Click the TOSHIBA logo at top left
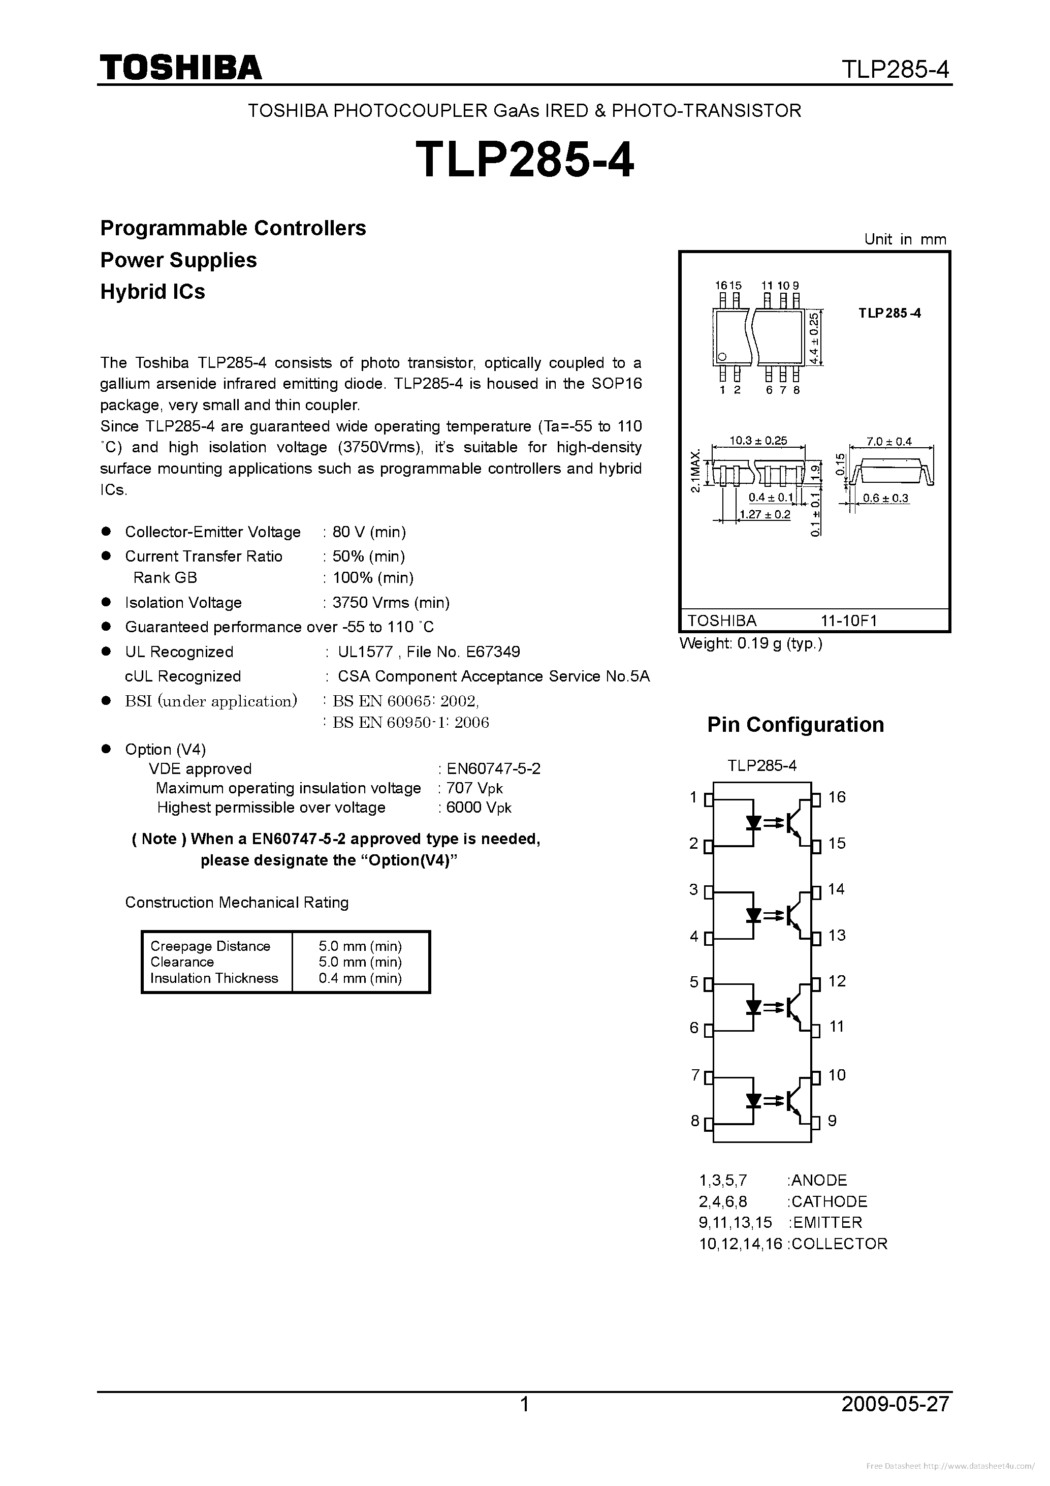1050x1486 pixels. [x=180, y=67]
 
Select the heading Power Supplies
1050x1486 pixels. [x=179, y=260]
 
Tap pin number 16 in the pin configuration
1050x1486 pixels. [x=837, y=797]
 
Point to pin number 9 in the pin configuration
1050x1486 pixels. [x=832, y=1120]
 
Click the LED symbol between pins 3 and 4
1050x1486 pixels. [x=753, y=915]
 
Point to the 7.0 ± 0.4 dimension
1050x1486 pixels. [x=889, y=442]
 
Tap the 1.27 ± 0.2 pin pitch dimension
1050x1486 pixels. [x=765, y=514]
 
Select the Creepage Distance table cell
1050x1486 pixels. [x=210, y=946]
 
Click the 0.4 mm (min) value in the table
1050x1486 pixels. [x=360, y=978]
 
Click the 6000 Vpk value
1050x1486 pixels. [x=479, y=808]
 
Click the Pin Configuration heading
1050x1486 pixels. [x=795, y=724]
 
